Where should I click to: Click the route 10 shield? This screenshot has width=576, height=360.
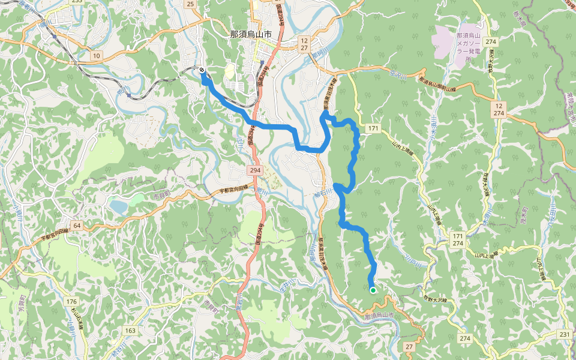click(96, 55)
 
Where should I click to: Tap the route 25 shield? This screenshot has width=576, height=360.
click(191, 4)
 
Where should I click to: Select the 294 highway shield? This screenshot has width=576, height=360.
click(255, 171)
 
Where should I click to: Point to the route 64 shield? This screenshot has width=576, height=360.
click(76, 225)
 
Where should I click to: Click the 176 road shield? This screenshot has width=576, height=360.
click(72, 301)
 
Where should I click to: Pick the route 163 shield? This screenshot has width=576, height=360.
click(130, 330)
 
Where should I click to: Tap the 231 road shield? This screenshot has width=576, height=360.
click(563, 334)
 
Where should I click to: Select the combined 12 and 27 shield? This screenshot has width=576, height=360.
click(304, 43)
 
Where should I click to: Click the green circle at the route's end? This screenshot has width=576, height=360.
click(373, 290)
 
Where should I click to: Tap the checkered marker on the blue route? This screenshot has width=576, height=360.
click(202, 70)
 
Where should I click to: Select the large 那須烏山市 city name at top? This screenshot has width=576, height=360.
click(250, 34)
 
